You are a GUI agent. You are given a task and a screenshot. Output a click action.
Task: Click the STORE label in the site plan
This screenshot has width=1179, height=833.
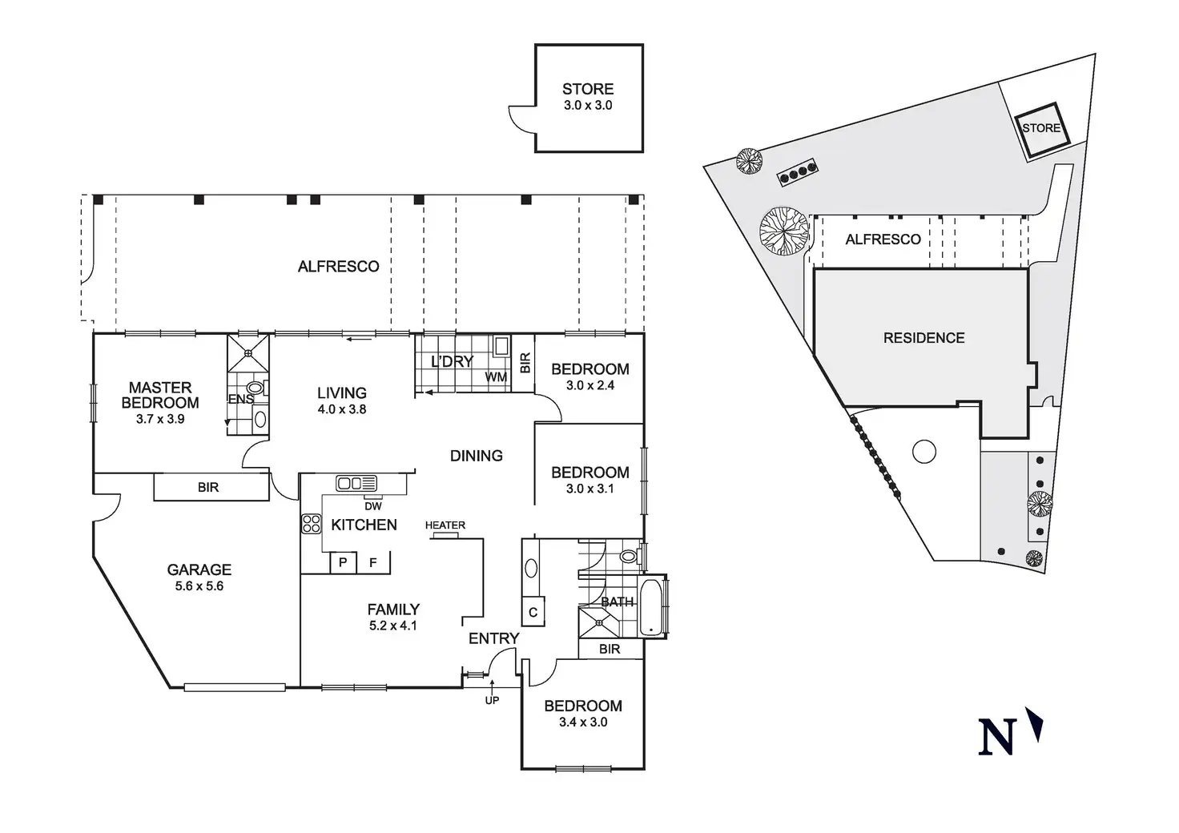click(1040, 128)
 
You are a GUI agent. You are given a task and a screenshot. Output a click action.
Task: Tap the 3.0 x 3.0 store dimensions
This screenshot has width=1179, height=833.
click(588, 106)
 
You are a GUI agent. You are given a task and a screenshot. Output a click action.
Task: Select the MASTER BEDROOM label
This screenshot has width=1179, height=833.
click(160, 395)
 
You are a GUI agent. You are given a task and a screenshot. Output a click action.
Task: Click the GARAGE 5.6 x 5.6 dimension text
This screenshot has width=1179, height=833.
click(199, 586)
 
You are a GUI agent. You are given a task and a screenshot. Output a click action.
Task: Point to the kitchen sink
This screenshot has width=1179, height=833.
click(356, 483)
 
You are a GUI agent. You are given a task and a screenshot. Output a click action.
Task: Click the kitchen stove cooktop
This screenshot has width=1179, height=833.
click(311, 524)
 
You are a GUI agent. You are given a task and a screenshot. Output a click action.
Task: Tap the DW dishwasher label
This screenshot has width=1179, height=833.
click(372, 506)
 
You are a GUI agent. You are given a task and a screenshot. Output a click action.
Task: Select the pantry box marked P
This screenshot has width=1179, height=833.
click(343, 562)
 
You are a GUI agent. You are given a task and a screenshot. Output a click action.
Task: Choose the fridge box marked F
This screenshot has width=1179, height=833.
click(372, 562)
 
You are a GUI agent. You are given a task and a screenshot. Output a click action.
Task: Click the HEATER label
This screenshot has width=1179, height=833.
click(445, 525)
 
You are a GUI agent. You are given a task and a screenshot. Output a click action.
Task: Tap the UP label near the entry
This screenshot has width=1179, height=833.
click(492, 701)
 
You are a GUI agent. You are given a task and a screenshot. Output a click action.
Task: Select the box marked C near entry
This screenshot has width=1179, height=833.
click(533, 613)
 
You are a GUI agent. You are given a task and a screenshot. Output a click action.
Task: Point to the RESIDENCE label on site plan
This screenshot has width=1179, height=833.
click(923, 338)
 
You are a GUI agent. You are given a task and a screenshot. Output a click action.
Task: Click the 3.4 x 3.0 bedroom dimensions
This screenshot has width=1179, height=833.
click(582, 722)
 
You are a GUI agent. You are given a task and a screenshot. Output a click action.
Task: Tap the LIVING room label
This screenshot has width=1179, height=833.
click(342, 392)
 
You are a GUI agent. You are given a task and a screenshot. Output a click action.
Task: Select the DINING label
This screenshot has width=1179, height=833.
click(477, 456)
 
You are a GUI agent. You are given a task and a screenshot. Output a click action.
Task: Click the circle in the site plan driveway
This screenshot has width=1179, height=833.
click(923, 452)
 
